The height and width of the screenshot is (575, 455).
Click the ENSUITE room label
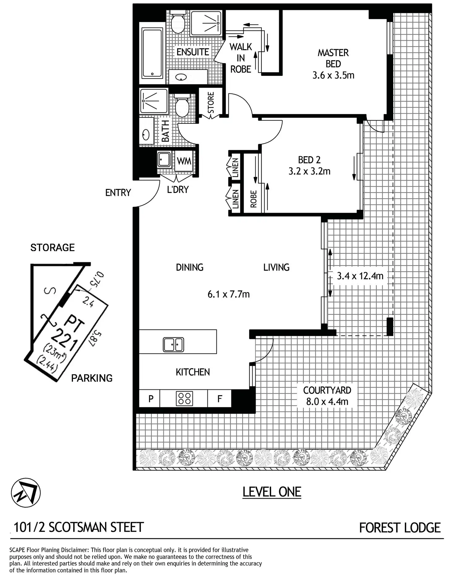[193, 52]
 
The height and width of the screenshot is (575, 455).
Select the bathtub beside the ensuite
[152, 53]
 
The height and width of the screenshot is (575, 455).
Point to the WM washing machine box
[184, 161]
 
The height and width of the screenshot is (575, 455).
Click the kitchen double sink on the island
[173, 344]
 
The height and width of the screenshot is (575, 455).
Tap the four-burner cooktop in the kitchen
[184, 398]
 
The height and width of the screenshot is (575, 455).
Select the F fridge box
[219, 398]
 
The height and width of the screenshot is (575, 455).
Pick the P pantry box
[151, 398]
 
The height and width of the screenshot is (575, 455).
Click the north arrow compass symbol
[26, 492]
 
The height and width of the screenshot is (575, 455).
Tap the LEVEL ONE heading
[272, 492]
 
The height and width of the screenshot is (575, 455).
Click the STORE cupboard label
[211, 103]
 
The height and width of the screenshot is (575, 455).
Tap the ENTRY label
[118, 193]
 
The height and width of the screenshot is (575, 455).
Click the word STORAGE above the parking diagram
[53, 247]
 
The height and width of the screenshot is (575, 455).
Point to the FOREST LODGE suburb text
[400, 528]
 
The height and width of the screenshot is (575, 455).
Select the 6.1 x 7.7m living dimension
[228, 294]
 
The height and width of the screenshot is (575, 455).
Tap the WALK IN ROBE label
[240, 58]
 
